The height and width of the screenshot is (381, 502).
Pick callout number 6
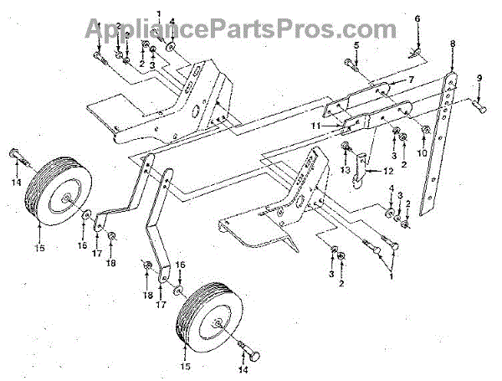[x=417, y=18]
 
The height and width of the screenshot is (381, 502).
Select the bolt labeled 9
[x=479, y=106]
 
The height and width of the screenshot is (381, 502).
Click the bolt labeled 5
[x=350, y=62]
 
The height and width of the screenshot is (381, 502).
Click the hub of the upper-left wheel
[x=64, y=199]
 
